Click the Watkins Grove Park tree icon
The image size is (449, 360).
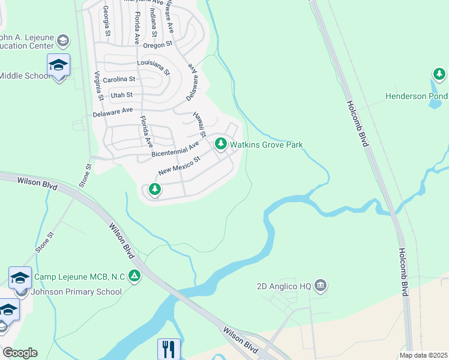221,144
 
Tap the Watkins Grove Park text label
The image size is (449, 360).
267,145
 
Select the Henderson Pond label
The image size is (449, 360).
417,96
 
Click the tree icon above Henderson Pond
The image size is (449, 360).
439,74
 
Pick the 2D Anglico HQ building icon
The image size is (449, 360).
321,286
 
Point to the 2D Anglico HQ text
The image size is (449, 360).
284,286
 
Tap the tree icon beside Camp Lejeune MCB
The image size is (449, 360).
135,277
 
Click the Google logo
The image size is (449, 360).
19,353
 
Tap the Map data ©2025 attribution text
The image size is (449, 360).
423,355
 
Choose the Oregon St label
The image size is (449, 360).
158,44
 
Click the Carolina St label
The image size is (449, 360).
119,79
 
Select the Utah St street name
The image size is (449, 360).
121,95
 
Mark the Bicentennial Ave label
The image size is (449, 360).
175,150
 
